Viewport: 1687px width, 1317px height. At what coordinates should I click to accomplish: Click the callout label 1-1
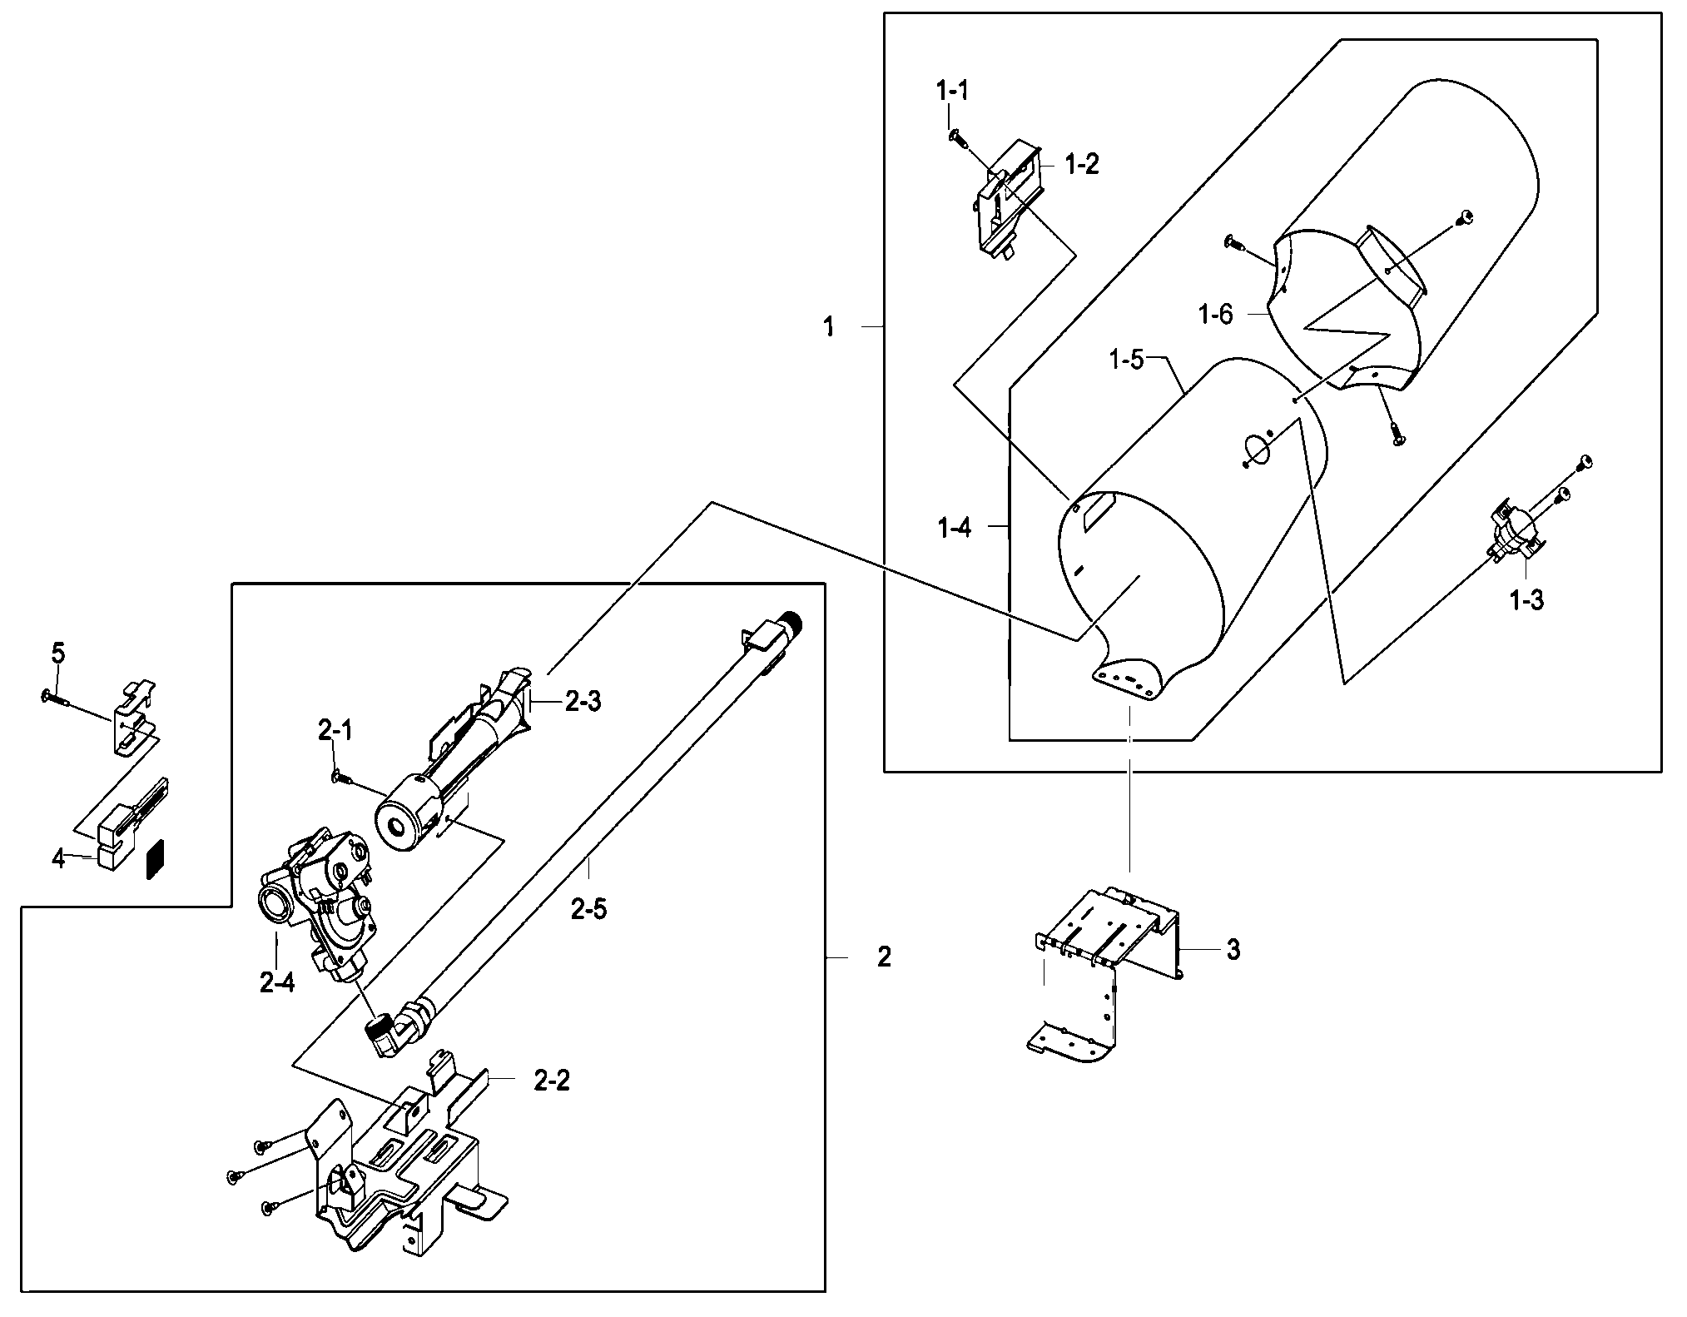click(x=953, y=91)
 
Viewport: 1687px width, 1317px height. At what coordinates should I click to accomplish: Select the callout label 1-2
click(x=1081, y=165)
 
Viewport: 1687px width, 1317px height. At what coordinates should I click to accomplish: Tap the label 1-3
click(x=1526, y=599)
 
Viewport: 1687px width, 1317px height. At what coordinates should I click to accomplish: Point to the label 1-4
click(x=954, y=528)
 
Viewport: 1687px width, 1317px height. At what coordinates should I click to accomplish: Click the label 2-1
click(x=335, y=731)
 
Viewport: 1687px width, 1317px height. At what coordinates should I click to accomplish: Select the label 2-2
click(x=552, y=1081)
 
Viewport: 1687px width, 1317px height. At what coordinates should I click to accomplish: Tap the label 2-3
click(x=583, y=702)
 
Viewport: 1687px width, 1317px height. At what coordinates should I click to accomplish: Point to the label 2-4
click(x=276, y=983)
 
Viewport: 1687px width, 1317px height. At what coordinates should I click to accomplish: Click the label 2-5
click(x=588, y=909)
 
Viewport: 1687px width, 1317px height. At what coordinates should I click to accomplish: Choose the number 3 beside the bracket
click(x=1233, y=949)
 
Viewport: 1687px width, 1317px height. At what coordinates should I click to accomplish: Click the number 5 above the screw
click(x=57, y=654)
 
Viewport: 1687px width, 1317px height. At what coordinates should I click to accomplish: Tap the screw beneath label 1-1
click(x=956, y=137)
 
